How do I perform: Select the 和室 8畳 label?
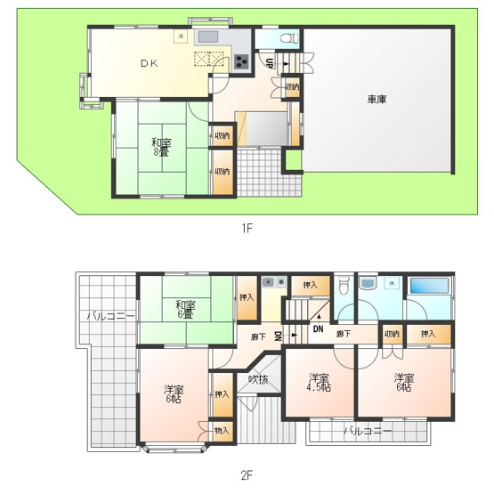click(x=161, y=148)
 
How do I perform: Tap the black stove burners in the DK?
click(x=241, y=62)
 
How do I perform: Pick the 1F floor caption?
click(x=247, y=228)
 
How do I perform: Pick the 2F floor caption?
click(x=247, y=474)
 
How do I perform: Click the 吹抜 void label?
click(x=258, y=379)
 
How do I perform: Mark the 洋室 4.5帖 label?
click(x=318, y=383)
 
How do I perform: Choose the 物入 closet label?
click(x=221, y=431)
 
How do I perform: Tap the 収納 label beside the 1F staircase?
click(x=292, y=87)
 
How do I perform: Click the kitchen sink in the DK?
click(x=208, y=37)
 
